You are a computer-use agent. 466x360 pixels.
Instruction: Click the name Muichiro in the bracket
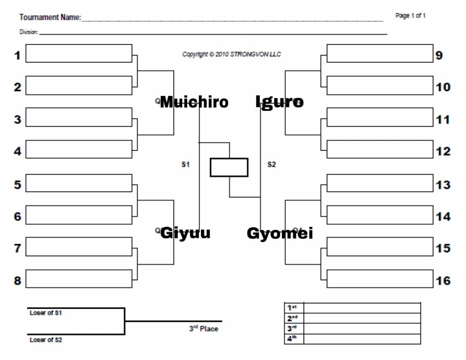[x=194, y=102]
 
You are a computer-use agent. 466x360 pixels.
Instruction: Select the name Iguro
[x=280, y=102]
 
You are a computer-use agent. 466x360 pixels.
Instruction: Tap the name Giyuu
[x=185, y=233]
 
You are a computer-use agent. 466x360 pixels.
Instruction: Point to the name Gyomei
[x=280, y=234]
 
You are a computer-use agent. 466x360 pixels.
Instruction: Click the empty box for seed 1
[x=79, y=54]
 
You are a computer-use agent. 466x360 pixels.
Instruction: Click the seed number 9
[x=439, y=55]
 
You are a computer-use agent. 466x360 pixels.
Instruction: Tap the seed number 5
[x=17, y=185]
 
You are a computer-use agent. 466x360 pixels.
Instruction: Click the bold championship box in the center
[x=229, y=167]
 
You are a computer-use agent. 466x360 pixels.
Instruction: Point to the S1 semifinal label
[x=185, y=165]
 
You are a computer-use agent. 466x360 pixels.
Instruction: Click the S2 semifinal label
[x=271, y=165]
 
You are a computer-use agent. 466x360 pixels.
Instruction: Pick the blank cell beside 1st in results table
[x=362, y=307]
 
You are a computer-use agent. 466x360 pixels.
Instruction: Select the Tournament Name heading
[x=50, y=18]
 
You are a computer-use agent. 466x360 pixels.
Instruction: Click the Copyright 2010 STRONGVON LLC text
[x=232, y=54]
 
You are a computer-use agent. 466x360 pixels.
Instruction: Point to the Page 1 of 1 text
[x=411, y=16]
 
